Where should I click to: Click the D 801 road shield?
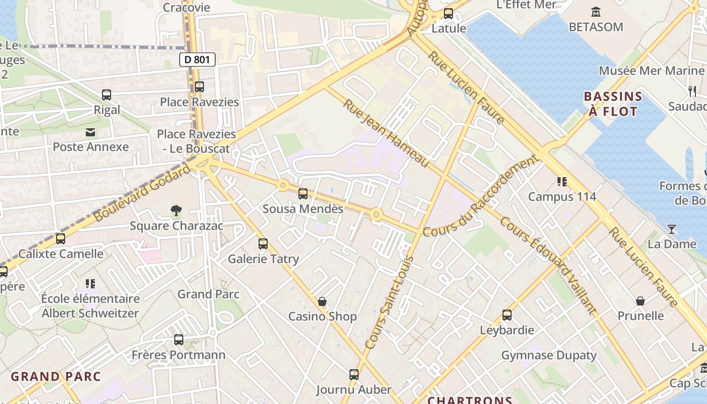pyautogui.click(x=197, y=60)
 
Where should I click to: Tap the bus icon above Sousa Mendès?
pyautogui.click(x=303, y=193)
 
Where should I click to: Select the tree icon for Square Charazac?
pyautogui.click(x=176, y=210)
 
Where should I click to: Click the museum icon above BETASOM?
pyautogui.click(x=596, y=12)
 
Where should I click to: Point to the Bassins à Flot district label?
pyautogui.click(x=613, y=104)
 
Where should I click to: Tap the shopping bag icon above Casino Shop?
pyautogui.click(x=322, y=301)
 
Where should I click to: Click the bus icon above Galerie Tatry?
pyautogui.click(x=263, y=244)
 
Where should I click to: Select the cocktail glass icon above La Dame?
pyautogui.click(x=671, y=229)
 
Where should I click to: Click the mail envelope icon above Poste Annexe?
pyautogui.click(x=90, y=132)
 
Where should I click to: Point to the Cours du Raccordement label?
pyautogui.click(x=480, y=196)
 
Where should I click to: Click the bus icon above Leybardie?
pyautogui.click(x=507, y=315)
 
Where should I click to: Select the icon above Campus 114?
pyautogui.click(x=562, y=182)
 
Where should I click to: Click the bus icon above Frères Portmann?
pyautogui.click(x=178, y=340)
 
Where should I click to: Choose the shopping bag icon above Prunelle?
pyautogui.click(x=640, y=301)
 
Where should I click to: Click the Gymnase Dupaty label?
pyautogui.click(x=549, y=355)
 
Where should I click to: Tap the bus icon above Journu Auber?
pyautogui.click(x=354, y=375)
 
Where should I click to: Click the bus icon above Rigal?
pyautogui.click(x=107, y=94)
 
